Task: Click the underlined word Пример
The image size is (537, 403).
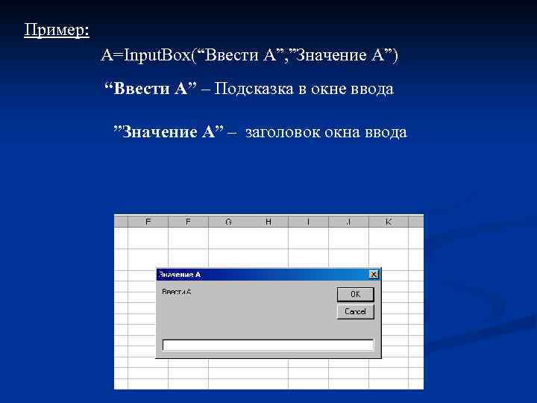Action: pyautogui.click(x=56, y=31)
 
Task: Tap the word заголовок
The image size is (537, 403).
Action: pyautogui.click(x=281, y=132)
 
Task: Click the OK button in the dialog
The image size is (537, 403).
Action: pyautogui.click(x=355, y=294)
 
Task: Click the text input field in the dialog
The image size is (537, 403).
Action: pyautogui.click(x=268, y=345)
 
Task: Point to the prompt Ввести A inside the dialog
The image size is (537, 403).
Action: pyautogui.click(x=177, y=291)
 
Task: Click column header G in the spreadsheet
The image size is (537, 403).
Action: pyautogui.click(x=228, y=222)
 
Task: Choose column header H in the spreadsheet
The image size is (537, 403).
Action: pyautogui.click(x=268, y=222)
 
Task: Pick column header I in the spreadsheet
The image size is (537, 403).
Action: pyautogui.click(x=309, y=222)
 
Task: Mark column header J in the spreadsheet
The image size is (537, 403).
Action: pyautogui.click(x=349, y=222)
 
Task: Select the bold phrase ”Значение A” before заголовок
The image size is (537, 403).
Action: pyautogui.click(x=168, y=132)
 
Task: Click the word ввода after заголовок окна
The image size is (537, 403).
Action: pyautogui.click(x=386, y=132)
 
